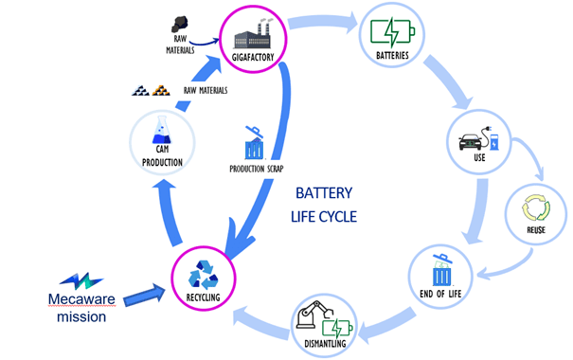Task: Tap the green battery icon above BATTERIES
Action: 392,32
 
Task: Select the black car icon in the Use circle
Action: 471,142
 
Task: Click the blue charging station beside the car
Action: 493,142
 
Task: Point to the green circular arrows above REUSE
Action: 536,207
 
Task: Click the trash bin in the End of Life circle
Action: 442,270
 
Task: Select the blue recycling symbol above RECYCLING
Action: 204,275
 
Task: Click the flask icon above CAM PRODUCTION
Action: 162,130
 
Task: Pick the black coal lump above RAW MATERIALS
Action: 180,24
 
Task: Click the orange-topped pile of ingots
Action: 161,90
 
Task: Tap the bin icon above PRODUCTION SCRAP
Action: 255,143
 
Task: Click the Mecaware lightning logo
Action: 81,281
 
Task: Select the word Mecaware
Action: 81,299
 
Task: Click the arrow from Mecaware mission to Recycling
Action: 144,296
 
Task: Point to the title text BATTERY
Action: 324,193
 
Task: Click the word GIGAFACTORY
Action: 253,58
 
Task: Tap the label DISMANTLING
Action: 325,344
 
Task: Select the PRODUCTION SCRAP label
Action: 257,169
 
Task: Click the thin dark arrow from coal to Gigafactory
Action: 204,44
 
